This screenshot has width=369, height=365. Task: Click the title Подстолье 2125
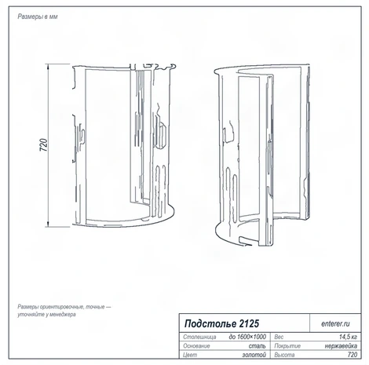click(x=221, y=323)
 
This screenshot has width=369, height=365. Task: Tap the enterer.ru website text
click(x=335, y=323)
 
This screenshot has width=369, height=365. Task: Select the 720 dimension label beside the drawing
click(x=44, y=144)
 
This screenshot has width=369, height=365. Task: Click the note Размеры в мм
click(x=38, y=16)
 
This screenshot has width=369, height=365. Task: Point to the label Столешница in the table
click(x=199, y=337)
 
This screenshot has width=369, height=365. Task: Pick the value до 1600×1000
click(x=247, y=337)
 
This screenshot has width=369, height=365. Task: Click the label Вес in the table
click(x=279, y=337)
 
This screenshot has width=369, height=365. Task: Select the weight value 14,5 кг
click(x=348, y=337)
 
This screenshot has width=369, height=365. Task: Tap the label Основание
click(x=196, y=346)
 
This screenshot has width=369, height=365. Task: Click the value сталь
click(x=258, y=346)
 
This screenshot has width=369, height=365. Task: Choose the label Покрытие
click(x=287, y=346)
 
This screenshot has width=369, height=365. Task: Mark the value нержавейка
click(x=341, y=346)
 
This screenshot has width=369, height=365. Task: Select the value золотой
click(x=254, y=355)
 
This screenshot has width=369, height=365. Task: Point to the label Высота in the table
click(x=284, y=355)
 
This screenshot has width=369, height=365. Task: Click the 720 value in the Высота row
click(x=353, y=355)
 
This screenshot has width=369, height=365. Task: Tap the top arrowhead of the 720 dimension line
click(x=48, y=66)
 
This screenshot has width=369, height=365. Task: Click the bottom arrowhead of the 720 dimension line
click(x=48, y=224)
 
